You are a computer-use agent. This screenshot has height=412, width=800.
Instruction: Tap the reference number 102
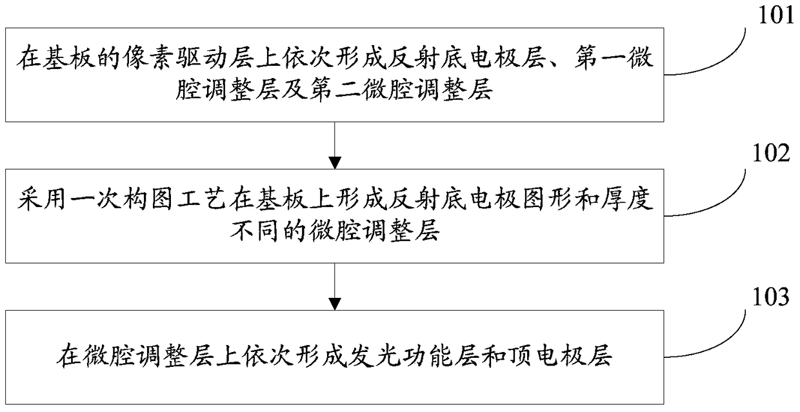771,153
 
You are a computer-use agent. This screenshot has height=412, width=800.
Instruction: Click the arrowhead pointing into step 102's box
335,162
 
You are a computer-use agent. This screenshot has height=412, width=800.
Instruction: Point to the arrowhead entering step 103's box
335,304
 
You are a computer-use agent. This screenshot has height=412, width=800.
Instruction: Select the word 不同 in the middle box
254,231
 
